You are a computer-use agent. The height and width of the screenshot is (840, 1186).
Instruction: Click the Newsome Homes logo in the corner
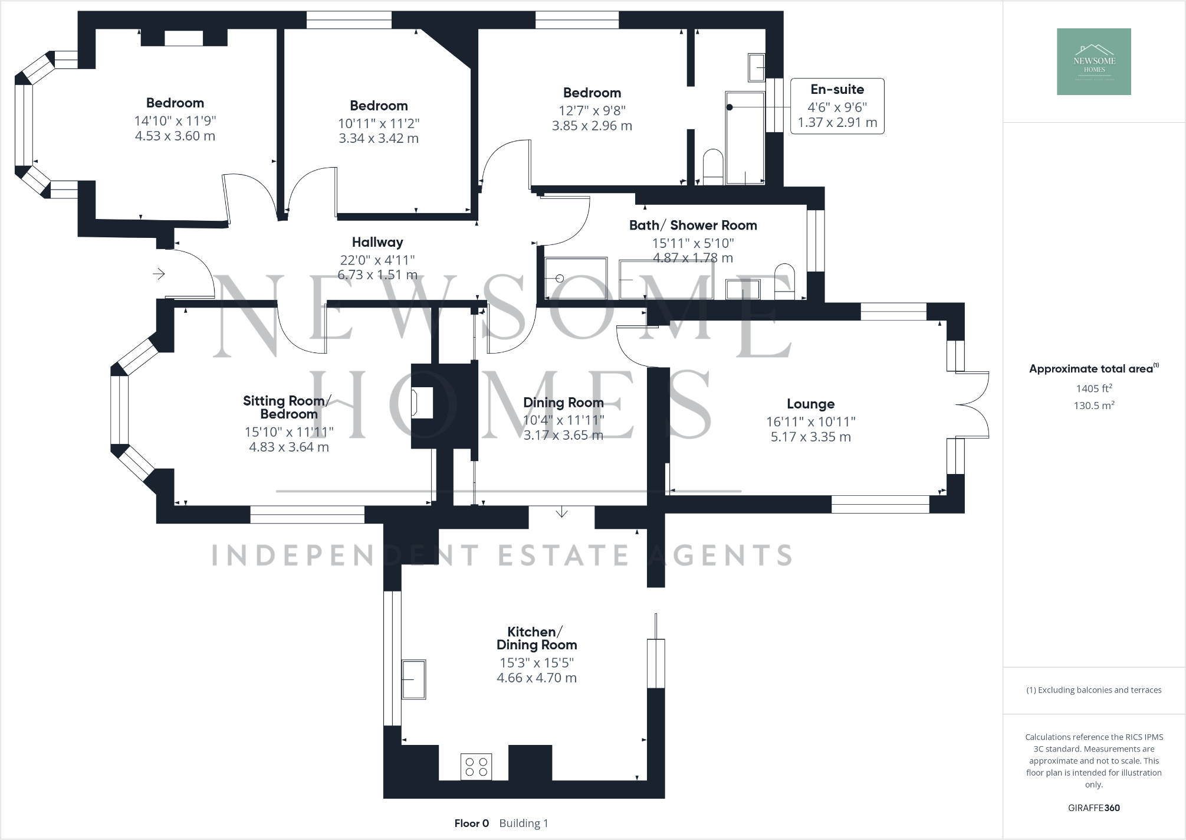(1093, 61)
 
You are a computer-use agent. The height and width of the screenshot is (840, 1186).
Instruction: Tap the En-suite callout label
(837, 90)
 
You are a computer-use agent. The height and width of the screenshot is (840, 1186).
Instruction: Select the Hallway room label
(377, 242)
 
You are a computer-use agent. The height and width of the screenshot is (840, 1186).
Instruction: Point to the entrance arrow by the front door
(159, 274)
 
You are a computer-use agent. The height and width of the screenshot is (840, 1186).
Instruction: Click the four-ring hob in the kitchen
(477, 766)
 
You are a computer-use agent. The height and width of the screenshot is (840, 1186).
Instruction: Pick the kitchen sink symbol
(414, 679)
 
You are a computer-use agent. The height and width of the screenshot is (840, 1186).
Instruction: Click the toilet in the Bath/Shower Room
(784, 282)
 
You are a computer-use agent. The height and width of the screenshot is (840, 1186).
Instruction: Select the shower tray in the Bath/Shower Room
(576, 278)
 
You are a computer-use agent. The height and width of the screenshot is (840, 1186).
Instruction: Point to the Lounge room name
(810, 404)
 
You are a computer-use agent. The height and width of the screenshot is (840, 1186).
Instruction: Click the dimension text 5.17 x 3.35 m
(810, 437)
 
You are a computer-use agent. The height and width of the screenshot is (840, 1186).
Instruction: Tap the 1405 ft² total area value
(1094, 388)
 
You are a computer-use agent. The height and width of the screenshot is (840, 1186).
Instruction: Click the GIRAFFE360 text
(1093, 808)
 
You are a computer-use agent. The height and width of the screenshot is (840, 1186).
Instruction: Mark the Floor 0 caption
(471, 823)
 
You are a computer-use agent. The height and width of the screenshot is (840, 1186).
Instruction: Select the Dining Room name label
(563, 403)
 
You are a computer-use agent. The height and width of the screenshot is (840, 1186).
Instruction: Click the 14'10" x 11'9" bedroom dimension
(175, 121)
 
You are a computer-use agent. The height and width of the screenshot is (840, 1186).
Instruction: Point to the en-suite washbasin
(757, 67)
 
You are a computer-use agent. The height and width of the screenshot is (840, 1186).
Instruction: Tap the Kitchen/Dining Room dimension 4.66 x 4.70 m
(537, 678)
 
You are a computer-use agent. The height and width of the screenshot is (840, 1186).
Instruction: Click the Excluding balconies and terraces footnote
(1094, 690)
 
